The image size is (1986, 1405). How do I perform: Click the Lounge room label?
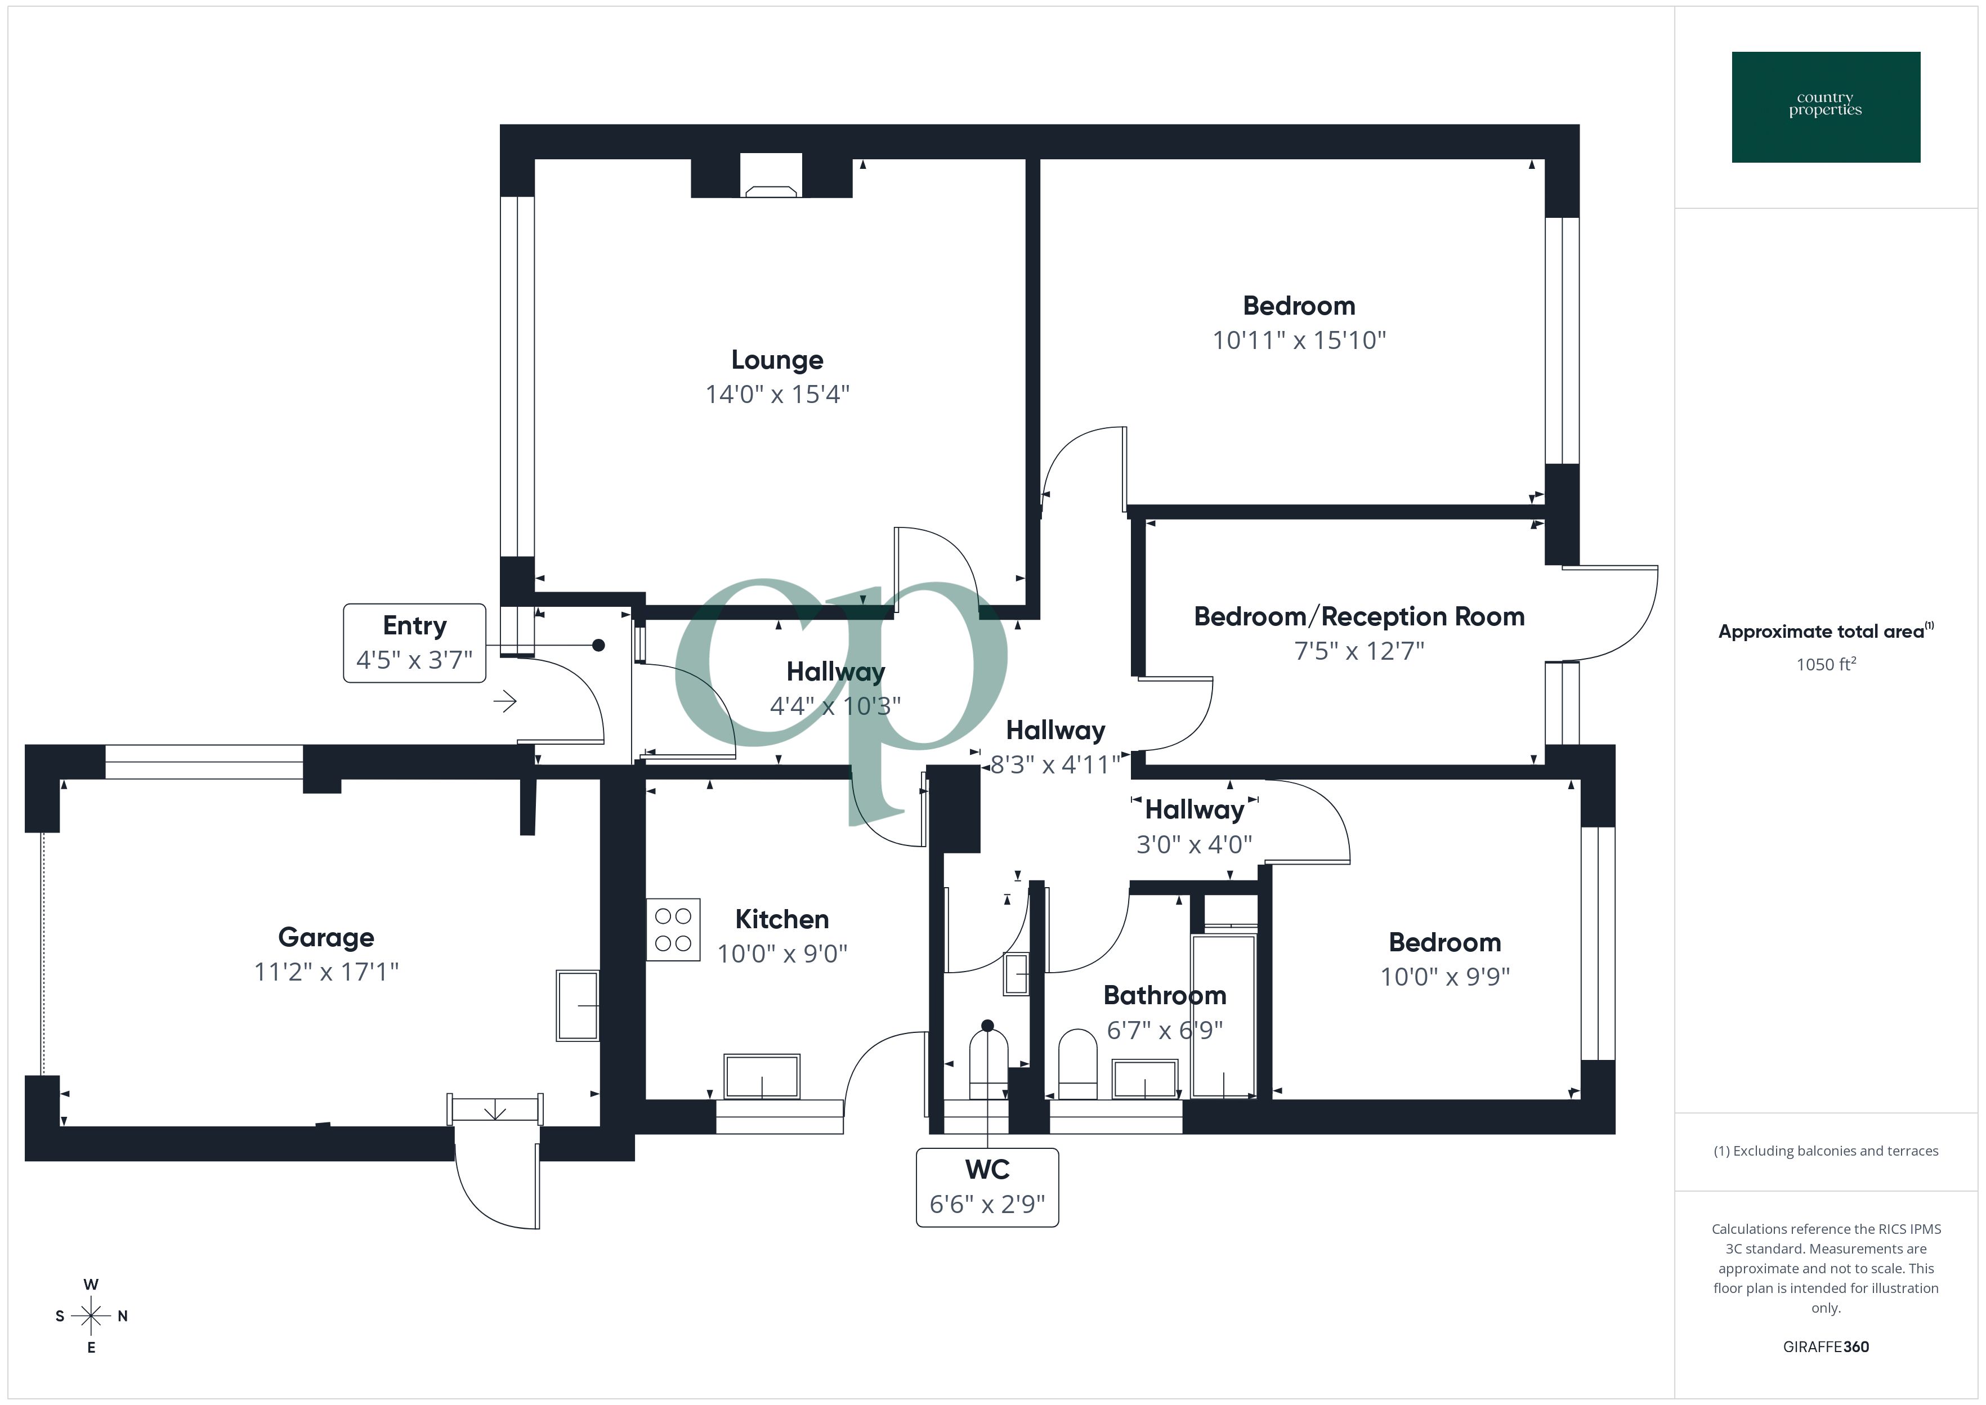tap(777, 360)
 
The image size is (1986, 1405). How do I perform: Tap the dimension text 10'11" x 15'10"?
tap(1298, 340)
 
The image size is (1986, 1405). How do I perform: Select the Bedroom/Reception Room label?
tap(1358, 617)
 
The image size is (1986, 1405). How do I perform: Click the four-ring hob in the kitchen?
tap(673, 929)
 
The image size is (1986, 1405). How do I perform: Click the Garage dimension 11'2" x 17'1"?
tap(326, 972)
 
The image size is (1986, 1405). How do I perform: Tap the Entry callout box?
tap(414, 643)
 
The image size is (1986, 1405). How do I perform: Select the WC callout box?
tap(987, 1187)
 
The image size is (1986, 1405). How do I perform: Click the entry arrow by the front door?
tap(505, 701)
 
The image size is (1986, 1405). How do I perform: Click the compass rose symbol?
tap(91, 1316)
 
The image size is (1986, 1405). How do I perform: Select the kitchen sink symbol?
tap(761, 1076)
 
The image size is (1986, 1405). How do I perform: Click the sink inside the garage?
tap(577, 1005)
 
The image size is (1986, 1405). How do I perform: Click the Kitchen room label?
tap(781, 919)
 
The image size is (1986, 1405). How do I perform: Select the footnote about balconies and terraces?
tap(1825, 1151)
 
